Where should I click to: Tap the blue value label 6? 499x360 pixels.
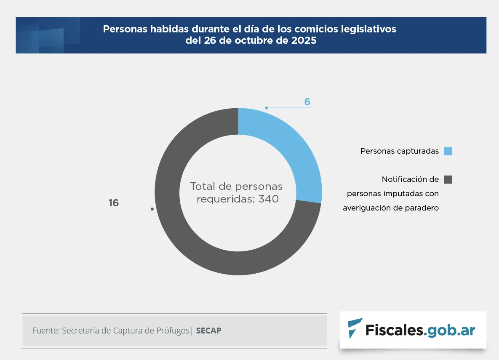click(307, 102)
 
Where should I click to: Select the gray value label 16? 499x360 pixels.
click(114, 203)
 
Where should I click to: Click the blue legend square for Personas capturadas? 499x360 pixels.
click(448, 151)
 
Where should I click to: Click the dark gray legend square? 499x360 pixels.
click(448, 179)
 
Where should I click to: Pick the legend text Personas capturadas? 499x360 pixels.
click(400, 151)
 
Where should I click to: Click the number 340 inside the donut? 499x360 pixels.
click(269, 199)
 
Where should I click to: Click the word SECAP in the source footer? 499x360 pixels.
click(208, 331)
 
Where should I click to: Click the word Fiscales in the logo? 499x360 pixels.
click(394, 330)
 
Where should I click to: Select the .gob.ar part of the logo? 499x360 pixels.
click(450, 330)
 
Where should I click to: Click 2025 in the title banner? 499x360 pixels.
click(304, 41)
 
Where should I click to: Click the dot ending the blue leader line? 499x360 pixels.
click(266, 108)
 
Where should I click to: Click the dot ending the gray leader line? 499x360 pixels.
click(152, 209)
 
